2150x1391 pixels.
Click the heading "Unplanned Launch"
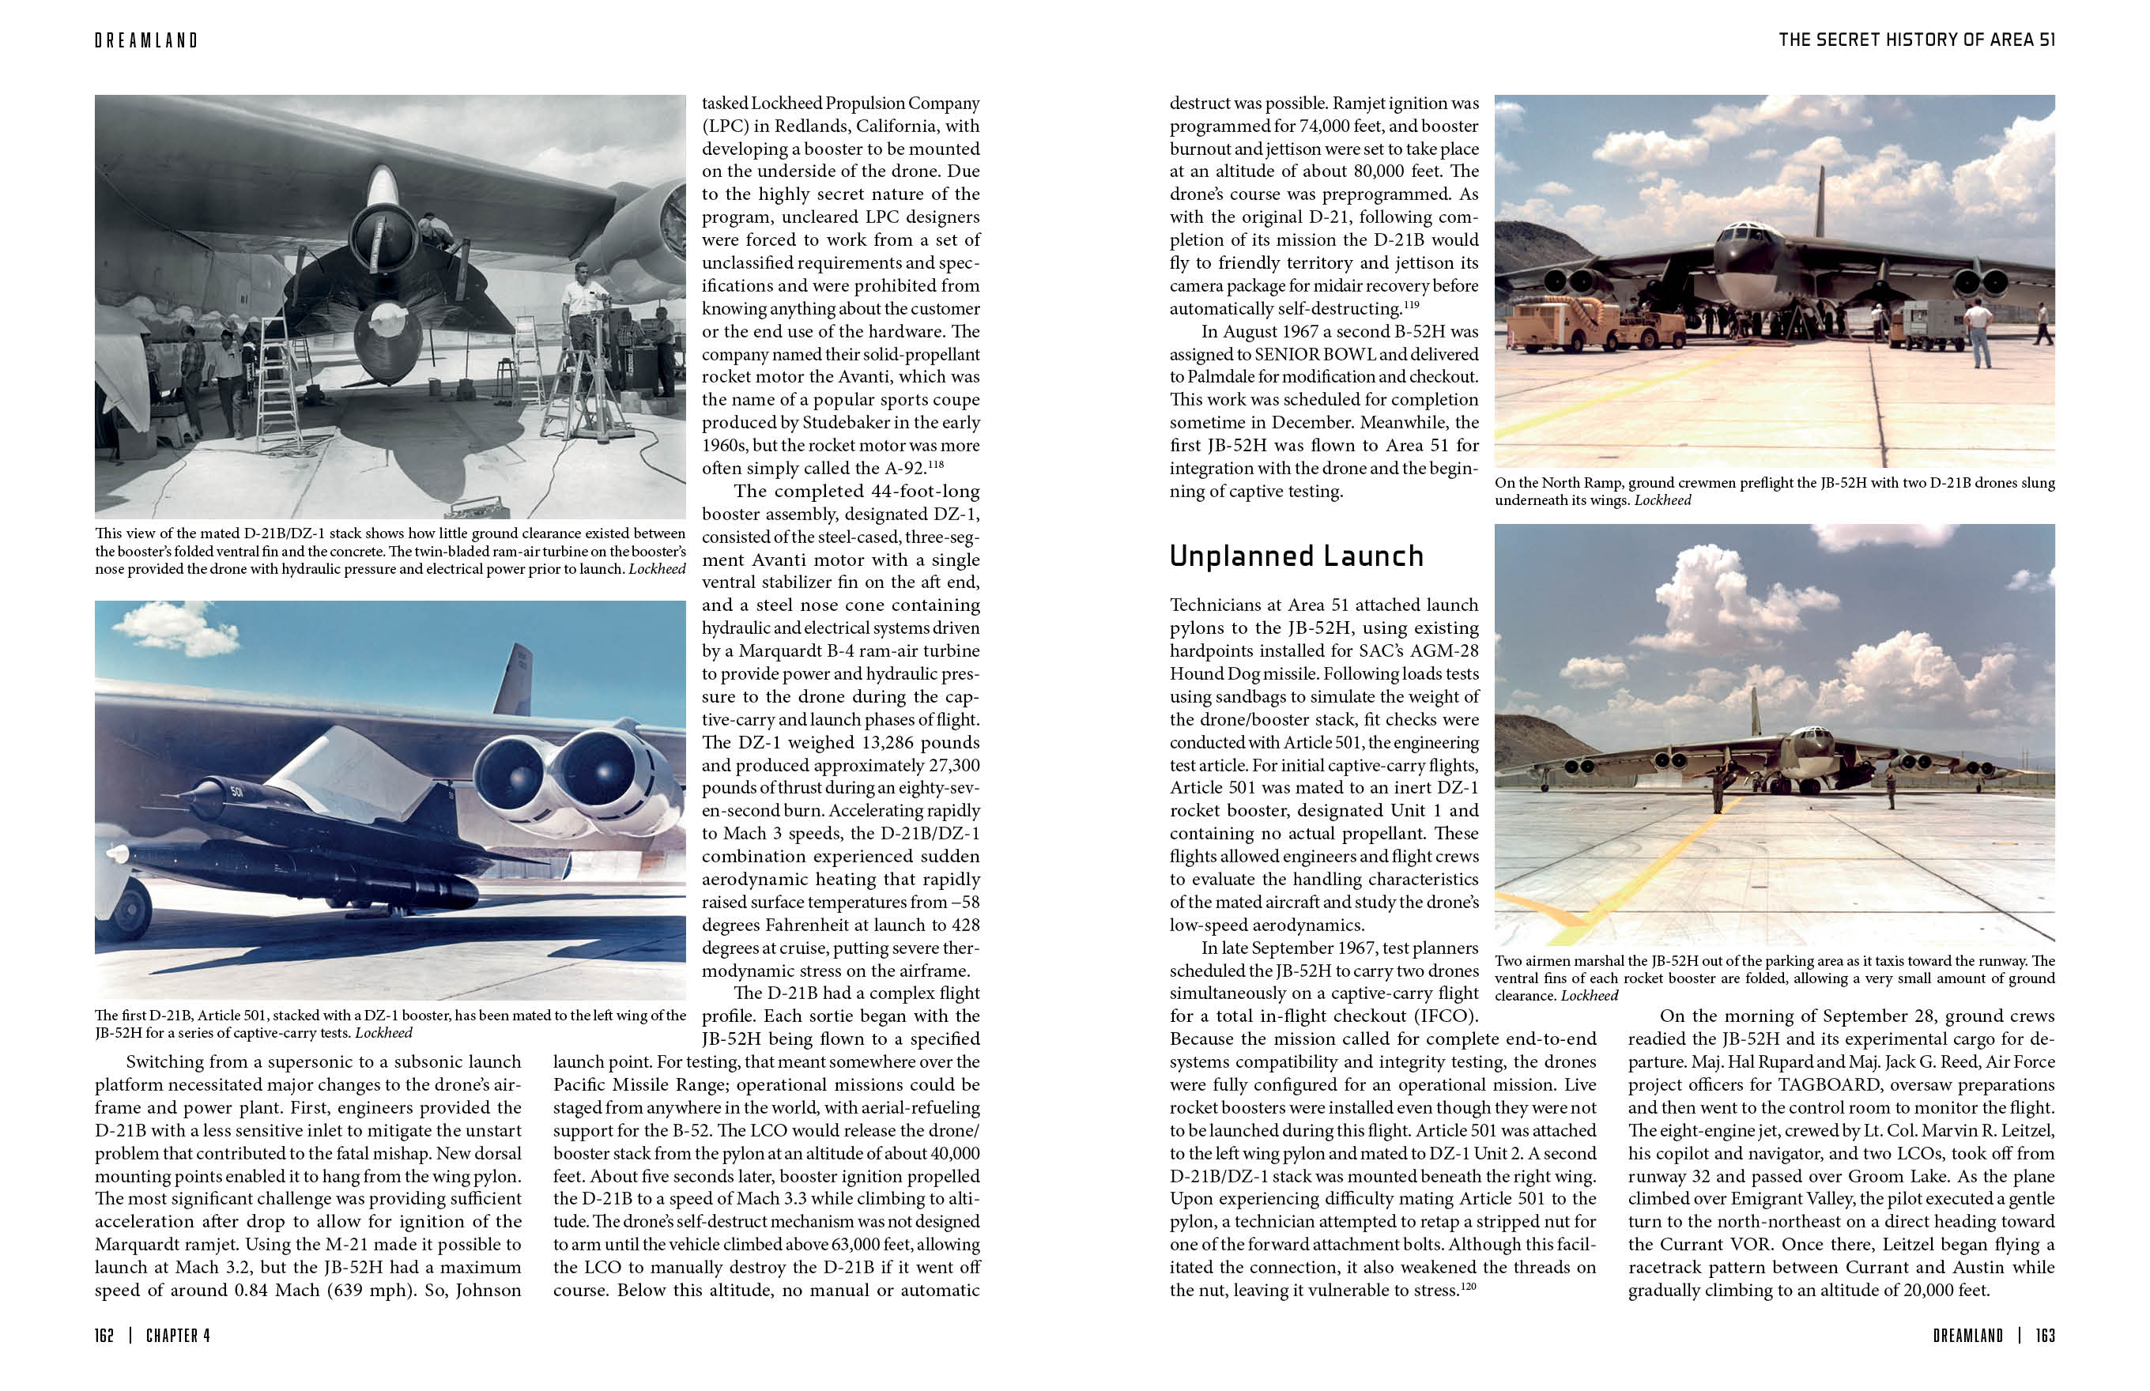1296,556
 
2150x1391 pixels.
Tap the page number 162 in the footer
104,1335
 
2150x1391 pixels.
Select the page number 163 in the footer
2045,1335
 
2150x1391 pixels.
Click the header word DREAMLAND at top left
145,40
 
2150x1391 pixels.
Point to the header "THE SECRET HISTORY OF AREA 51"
1916,40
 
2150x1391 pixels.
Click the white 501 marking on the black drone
236,792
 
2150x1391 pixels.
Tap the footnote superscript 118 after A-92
935,463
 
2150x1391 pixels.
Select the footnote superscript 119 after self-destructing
1410,304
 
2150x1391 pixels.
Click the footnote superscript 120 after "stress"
1468,1285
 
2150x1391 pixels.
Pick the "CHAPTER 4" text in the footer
178,1335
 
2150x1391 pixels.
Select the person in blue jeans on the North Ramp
1978,334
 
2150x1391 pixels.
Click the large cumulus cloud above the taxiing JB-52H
1703,596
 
